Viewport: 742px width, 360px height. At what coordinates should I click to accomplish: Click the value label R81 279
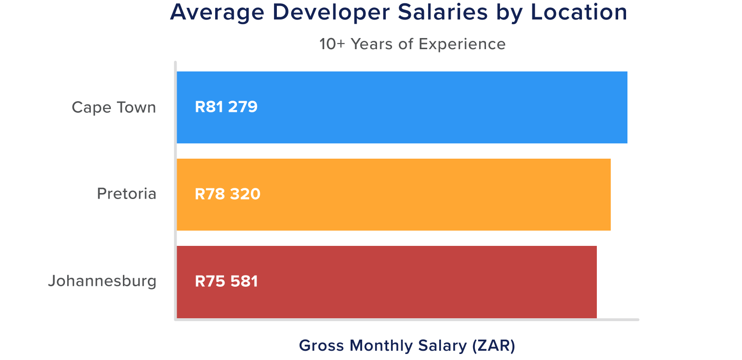click(226, 107)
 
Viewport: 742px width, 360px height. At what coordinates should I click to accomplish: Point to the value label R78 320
click(227, 194)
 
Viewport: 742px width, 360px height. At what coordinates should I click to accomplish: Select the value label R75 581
click(226, 281)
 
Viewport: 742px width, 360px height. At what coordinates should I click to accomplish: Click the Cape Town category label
click(114, 108)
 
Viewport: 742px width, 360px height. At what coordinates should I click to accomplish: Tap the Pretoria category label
click(126, 194)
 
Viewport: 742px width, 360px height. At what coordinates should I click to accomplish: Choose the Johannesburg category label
click(102, 281)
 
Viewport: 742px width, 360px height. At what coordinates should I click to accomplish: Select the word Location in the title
click(579, 13)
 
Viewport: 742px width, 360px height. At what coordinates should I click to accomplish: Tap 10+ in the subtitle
click(332, 44)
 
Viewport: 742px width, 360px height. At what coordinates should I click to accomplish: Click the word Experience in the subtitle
click(462, 45)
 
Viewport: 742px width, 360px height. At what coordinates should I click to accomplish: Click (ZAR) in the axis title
click(493, 346)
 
